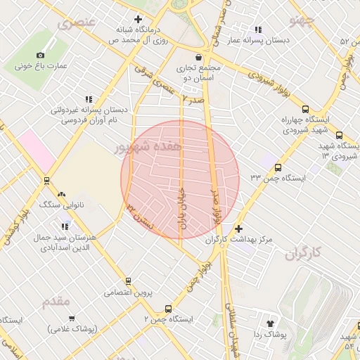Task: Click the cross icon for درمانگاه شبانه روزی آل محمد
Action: point(138,19)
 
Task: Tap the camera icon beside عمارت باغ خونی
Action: point(40,55)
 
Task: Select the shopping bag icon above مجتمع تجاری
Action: point(198,56)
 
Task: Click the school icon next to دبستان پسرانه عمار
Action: point(258,30)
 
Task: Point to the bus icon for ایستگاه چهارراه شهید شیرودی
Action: point(305,109)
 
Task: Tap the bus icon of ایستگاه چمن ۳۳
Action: point(278,167)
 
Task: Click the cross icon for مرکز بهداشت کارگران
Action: point(239,229)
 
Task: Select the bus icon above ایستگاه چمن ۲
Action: point(167,308)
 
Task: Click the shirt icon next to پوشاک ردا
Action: point(269,323)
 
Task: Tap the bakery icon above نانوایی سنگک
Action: point(62,193)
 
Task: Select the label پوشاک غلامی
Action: point(73,328)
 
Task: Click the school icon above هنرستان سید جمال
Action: point(65,226)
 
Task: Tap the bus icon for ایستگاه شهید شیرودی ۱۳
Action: point(340,135)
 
